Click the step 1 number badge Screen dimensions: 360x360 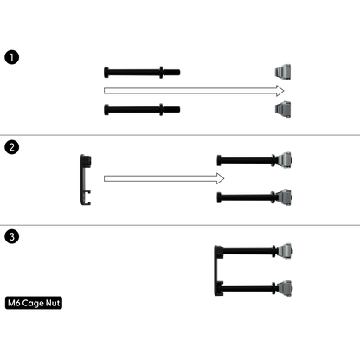(12, 57)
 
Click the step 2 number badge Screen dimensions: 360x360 (12, 147)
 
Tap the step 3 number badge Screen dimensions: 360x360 (12, 237)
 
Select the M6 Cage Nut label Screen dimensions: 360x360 (34, 303)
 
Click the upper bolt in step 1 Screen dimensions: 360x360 (142, 72)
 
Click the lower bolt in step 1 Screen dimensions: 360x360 (142, 110)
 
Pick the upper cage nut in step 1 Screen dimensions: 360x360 (283, 71)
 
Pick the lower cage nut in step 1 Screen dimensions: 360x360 (283, 109)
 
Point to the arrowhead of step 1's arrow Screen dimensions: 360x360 (280, 91)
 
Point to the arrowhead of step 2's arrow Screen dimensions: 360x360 (221, 178)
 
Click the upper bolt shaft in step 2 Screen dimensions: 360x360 (246, 160)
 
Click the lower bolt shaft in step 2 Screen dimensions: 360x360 (246, 197)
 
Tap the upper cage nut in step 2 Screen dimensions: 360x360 (284, 160)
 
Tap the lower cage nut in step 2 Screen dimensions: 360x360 (284, 197)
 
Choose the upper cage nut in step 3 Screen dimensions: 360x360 (285, 251)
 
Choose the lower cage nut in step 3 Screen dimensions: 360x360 (285, 288)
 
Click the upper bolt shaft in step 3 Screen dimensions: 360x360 (248, 251)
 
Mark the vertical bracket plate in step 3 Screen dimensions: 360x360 (216, 271)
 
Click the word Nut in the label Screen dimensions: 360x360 (53, 303)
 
